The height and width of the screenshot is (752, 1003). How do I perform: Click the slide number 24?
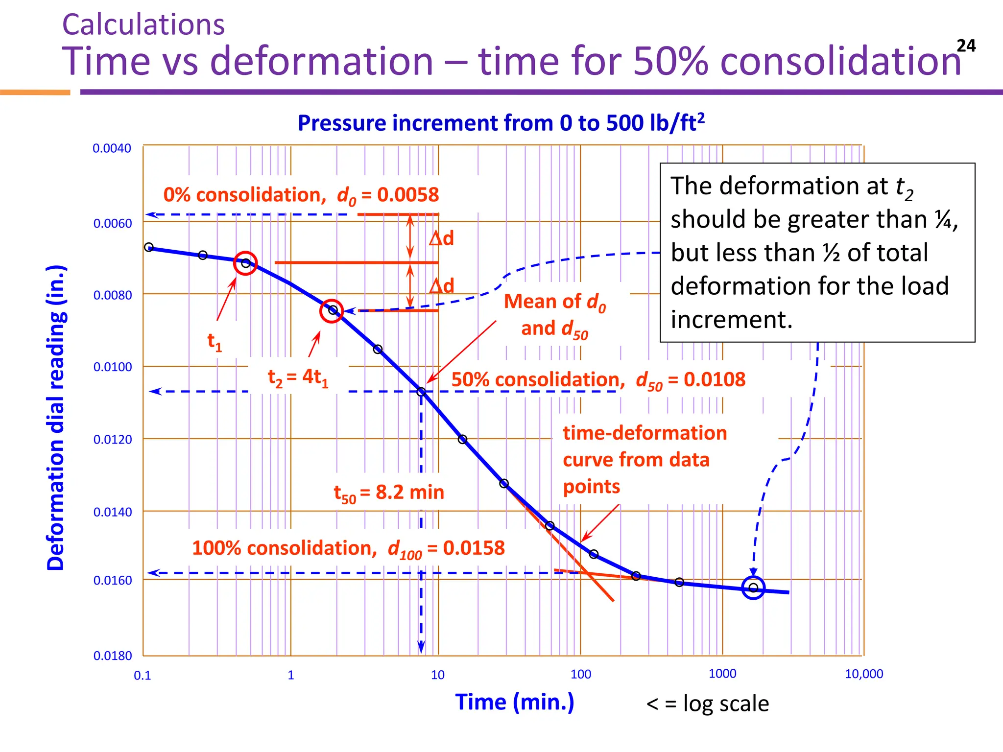pos(966,46)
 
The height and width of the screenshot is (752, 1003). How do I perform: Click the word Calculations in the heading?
pos(143,25)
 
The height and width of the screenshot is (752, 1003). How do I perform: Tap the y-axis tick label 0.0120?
pos(113,440)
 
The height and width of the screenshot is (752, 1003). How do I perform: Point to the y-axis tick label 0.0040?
pos(112,148)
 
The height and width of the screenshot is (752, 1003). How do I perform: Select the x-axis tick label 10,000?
pos(864,674)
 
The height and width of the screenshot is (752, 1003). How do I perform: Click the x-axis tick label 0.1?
pos(143,676)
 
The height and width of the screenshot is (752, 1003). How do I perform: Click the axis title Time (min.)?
pos(514,702)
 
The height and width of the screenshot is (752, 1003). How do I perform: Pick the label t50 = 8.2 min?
pos(389,493)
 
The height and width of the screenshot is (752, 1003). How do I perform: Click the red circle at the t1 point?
pos(245,263)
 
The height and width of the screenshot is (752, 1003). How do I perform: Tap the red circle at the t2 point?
pos(332,311)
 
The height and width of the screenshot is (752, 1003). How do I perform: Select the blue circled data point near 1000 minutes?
pos(753,587)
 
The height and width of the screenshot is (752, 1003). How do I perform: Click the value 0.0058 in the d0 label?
pos(408,195)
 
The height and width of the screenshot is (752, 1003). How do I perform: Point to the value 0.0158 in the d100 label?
pos(474,548)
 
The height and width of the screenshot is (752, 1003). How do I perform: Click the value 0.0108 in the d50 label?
pos(715,380)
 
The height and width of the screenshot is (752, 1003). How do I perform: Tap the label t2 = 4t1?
pos(298,378)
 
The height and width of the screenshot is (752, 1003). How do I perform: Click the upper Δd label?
pos(441,238)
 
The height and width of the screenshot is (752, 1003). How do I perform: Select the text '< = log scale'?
pos(707,704)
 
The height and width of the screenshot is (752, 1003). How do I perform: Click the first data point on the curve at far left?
pos(149,247)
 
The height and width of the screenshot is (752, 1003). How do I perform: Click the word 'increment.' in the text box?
pos(731,320)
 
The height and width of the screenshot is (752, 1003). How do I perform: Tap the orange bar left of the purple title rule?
pos(35,92)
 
